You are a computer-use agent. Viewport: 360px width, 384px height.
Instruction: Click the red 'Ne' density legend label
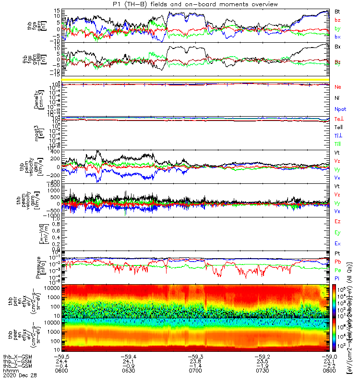point(337,87)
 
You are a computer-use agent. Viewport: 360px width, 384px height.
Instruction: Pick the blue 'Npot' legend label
point(339,109)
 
